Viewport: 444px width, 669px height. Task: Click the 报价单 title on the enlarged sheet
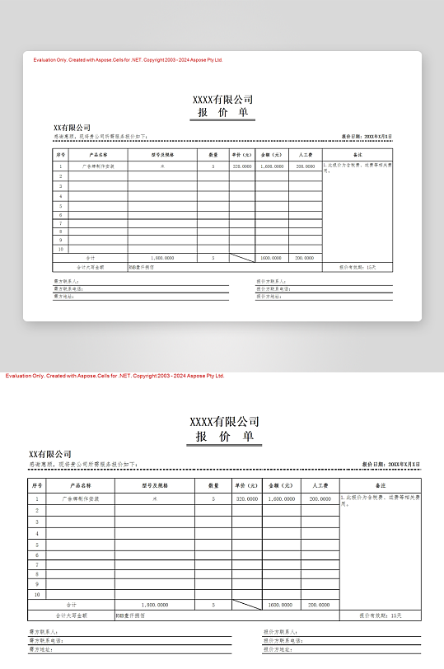tap(224, 437)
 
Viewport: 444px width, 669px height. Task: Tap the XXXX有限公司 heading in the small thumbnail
tap(222, 100)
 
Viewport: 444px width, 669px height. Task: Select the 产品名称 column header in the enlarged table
tap(81, 485)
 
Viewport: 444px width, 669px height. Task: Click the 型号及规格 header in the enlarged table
tap(154, 485)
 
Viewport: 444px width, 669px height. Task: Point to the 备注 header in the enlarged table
tap(380, 485)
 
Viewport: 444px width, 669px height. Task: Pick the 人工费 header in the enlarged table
tap(320, 485)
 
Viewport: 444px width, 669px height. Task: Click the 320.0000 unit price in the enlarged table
tap(246, 498)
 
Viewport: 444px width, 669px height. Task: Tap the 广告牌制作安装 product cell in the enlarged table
tap(81, 498)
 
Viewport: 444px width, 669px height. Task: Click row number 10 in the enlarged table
tap(36, 594)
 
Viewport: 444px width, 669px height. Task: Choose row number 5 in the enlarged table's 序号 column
tap(36, 545)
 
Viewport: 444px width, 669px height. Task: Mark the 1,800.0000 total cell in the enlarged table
tap(154, 605)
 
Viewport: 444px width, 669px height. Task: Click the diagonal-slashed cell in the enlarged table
tap(246, 605)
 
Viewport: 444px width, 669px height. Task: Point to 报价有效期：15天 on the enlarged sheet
tap(380, 615)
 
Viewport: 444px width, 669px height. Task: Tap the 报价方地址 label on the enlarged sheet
tap(278, 649)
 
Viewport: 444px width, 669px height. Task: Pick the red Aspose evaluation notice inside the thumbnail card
tap(128, 60)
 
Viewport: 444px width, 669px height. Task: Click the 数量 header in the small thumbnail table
tap(213, 155)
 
